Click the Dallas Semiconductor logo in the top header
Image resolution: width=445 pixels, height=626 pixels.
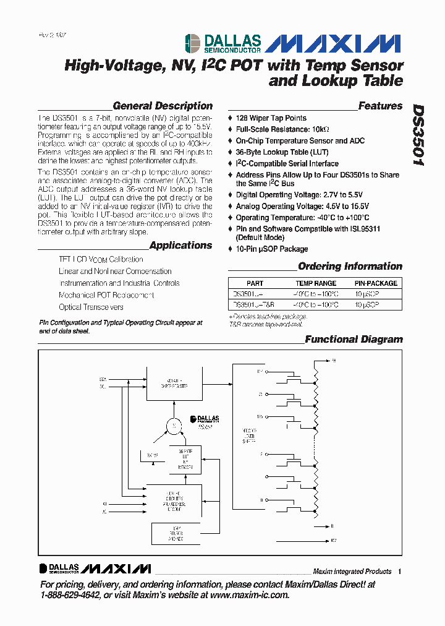223,43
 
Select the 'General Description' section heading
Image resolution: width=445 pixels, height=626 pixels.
163,106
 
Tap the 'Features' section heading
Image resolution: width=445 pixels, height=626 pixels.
380,106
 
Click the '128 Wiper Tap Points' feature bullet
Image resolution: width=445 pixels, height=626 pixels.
271,118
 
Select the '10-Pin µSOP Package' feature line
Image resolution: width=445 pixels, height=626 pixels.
271,249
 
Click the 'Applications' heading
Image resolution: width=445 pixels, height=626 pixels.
180,245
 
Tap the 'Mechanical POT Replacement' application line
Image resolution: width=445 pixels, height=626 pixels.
106,295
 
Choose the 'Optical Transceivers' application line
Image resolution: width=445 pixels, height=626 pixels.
91,307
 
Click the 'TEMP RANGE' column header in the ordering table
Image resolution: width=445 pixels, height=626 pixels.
316,283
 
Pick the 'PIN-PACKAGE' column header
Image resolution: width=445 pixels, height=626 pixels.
375,283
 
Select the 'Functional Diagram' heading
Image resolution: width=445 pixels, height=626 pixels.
354,339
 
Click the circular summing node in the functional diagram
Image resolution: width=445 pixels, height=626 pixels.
173,426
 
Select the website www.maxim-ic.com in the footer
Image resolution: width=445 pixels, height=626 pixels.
249,594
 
